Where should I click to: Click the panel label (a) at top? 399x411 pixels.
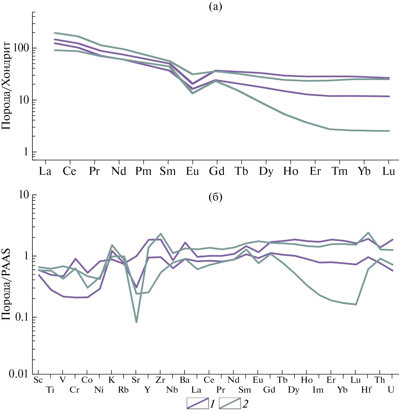coord(216,6)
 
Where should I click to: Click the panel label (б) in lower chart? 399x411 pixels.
coord(216,197)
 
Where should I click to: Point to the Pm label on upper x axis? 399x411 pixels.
coord(143,171)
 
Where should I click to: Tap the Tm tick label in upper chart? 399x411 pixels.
coord(340,171)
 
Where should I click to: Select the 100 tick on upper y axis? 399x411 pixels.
coord(21,48)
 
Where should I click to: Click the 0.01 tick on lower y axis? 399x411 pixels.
coord(19,374)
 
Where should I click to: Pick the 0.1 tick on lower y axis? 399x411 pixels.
coord(22,317)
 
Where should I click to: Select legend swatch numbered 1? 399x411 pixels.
coord(198,403)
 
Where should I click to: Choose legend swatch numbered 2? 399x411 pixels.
coord(230,403)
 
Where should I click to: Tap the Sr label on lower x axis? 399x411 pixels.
coord(136,380)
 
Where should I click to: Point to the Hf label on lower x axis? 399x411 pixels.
coord(367,390)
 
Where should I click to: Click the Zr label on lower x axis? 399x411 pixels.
coord(160,380)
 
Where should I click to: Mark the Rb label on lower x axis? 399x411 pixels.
coord(123,390)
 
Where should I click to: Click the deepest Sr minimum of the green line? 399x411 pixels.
coord(136,322)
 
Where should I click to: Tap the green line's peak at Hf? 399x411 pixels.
coord(368,233)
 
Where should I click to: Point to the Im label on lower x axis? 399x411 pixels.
coord(318,390)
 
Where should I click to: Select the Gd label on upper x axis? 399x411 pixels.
coord(217,171)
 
